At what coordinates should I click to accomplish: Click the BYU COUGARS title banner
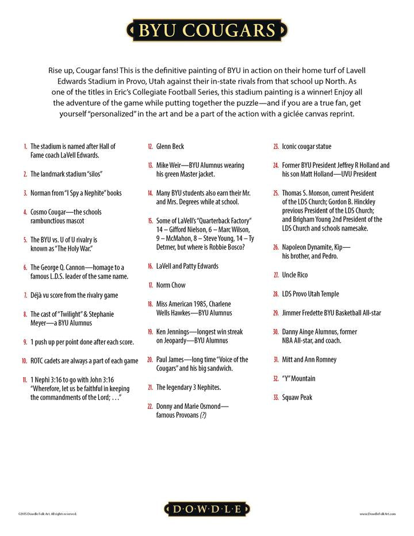click(x=207, y=30)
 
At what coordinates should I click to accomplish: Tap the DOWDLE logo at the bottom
click(x=207, y=508)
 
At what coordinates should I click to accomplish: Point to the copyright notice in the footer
click(x=47, y=514)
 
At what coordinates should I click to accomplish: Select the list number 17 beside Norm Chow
click(x=150, y=285)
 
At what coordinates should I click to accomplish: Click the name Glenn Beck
click(x=170, y=147)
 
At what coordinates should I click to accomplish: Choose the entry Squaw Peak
click(x=297, y=397)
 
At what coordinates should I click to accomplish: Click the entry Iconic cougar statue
click(x=306, y=147)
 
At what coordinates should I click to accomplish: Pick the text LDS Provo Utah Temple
click(x=310, y=294)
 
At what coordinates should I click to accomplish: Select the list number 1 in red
click(x=25, y=147)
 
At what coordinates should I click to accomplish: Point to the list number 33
click(x=276, y=397)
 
